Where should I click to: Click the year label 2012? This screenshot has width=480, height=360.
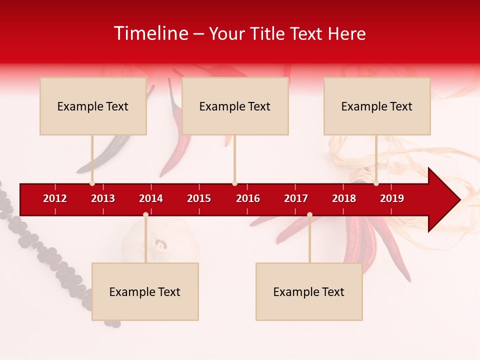(55, 198)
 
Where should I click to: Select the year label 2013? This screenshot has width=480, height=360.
(103, 198)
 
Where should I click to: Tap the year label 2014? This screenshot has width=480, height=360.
(151, 198)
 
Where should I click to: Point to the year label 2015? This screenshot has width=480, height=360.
(199, 198)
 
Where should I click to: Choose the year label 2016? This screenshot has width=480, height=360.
(248, 198)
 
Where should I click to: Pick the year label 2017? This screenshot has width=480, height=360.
(296, 198)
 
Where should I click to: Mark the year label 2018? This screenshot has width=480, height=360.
(344, 198)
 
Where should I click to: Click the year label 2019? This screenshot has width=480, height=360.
(392, 198)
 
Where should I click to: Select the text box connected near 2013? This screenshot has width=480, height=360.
(93, 106)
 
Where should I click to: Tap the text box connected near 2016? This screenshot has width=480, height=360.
(235, 106)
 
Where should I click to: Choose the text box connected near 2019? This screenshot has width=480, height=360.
(377, 106)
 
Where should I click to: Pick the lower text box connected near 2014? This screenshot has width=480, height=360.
(145, 291)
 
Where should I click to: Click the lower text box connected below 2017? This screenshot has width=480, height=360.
(309, 291)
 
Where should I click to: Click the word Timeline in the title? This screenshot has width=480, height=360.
(150, 33)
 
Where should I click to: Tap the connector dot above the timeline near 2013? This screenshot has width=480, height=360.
(92, 183)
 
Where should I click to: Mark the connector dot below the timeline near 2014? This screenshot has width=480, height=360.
(145, 215)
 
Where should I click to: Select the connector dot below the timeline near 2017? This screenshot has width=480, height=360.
(309, 215)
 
